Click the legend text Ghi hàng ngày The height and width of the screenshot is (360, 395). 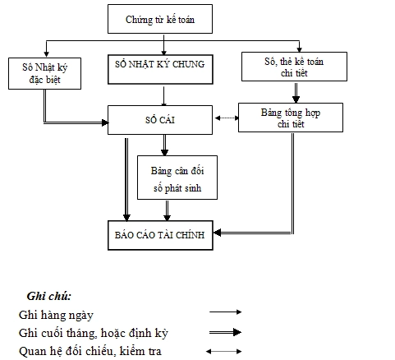click(x=56, y=314)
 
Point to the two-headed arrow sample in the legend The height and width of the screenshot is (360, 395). click(x=224, y=352)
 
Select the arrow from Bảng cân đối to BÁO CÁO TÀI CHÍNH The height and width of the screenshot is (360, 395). click(x=168, y=210)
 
